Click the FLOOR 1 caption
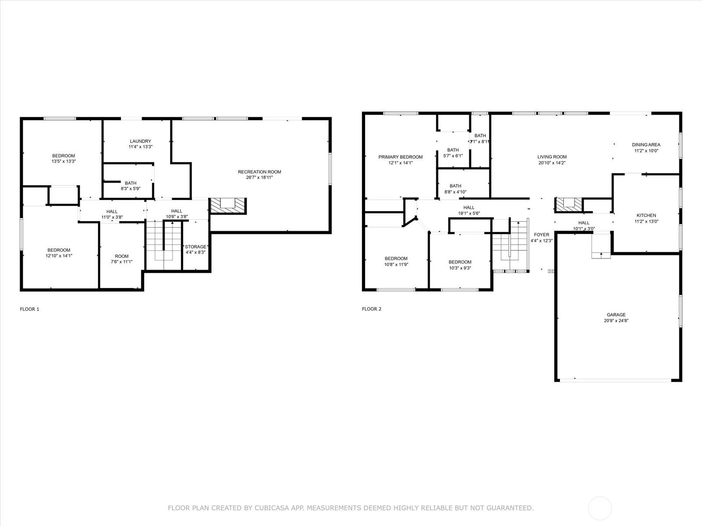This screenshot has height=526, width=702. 29,309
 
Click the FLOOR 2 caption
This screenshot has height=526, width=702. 372,309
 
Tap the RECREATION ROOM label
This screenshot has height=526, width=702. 259,172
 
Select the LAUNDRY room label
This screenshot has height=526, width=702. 140,141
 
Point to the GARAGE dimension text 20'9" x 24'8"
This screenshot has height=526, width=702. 616,321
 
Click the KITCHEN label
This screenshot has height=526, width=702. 646,216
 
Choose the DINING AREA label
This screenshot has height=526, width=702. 646,145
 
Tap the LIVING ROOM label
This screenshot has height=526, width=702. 552,157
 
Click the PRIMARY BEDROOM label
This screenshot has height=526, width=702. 401,157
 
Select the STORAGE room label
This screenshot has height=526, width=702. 195,246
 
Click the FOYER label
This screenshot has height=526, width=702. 541,235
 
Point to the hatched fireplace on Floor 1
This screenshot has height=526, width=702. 228,206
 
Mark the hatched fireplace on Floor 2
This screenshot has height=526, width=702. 569,205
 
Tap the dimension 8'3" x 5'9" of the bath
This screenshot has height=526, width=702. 130,189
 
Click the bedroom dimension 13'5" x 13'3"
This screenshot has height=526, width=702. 64,161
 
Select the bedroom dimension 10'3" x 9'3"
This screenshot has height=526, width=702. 460,268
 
